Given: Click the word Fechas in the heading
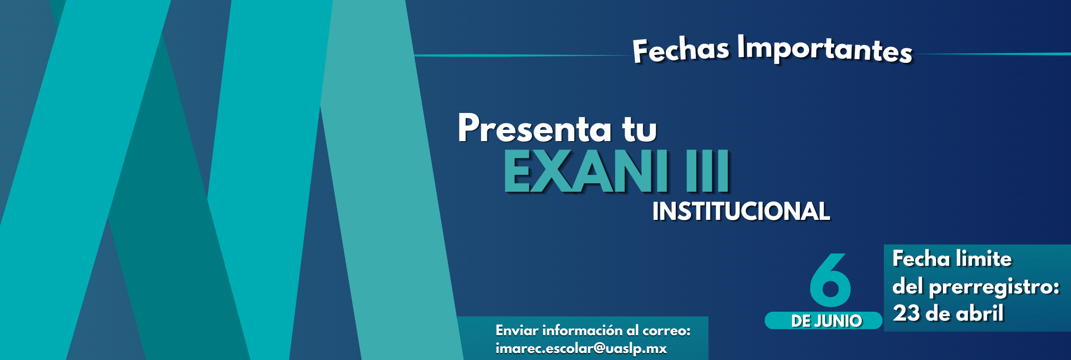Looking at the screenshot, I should [x=681, y=50].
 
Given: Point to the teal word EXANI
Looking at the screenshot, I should [x=586, y=172].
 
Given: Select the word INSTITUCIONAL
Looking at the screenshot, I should [x=741, y=211].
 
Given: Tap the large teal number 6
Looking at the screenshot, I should [x=830, y=280].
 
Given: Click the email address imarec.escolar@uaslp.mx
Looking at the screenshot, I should [x=581, y=349].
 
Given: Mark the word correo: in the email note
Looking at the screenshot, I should [x=666, y=330].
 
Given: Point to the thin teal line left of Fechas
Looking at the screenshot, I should [x=520, y=55].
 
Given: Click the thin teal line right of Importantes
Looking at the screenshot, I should [x=994, y=54].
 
